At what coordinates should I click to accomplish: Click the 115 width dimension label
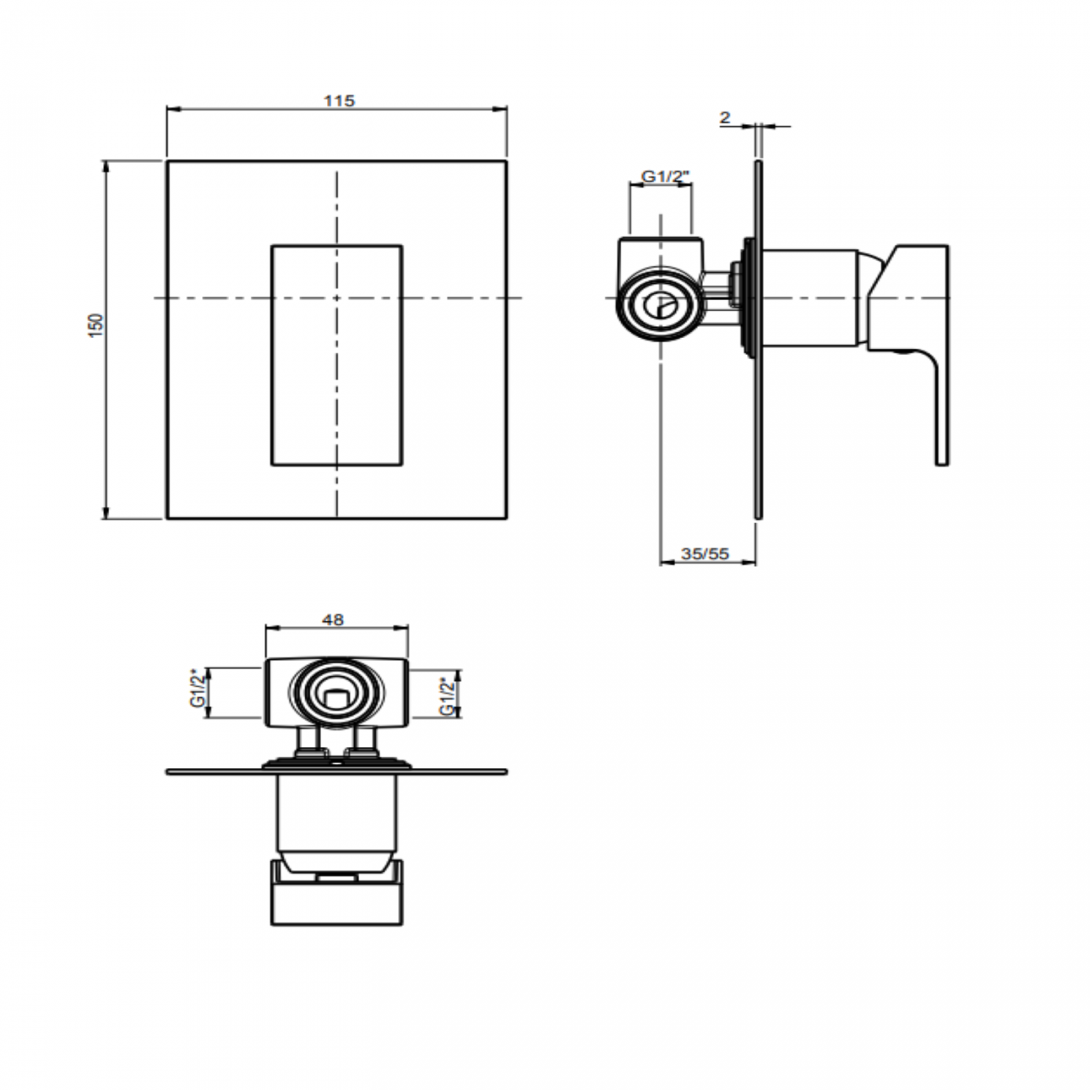tap(339, 101)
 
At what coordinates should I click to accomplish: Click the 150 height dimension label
tap(96, 325)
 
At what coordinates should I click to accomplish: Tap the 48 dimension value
tap(333, 620)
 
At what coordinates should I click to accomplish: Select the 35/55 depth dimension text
tap(705, 553)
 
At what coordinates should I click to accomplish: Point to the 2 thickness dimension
tap(725, 118)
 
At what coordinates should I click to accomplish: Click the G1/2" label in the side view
tap(665, 176)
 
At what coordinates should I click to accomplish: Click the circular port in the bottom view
tap(337, 694)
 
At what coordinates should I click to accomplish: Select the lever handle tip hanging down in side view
tap(942, 436)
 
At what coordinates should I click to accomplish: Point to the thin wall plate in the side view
tap(759, 419)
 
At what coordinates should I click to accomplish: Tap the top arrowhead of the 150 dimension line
tap(106, 165)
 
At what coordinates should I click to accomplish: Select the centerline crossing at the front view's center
tap(336, 298)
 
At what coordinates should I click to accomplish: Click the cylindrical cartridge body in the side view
tap(813, 298)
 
